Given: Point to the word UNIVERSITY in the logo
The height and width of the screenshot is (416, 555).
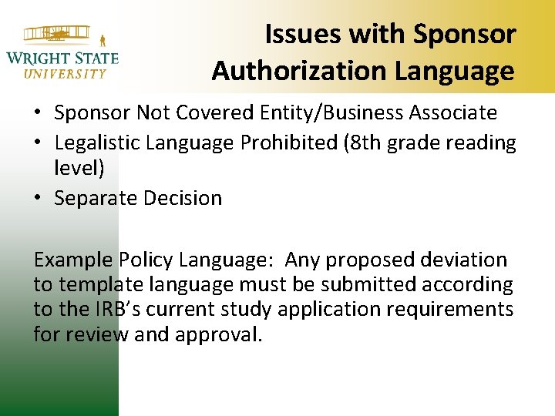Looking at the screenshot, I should (x=65, y=74).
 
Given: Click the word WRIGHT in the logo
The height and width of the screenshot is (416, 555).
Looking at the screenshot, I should (x=37, y=58).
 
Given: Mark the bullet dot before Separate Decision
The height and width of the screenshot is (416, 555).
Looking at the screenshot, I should (x=38, y=198).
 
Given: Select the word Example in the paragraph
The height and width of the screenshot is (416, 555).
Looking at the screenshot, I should (x=73, y=260).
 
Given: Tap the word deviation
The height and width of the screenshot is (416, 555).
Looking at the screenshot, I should (x=462, y=260).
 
